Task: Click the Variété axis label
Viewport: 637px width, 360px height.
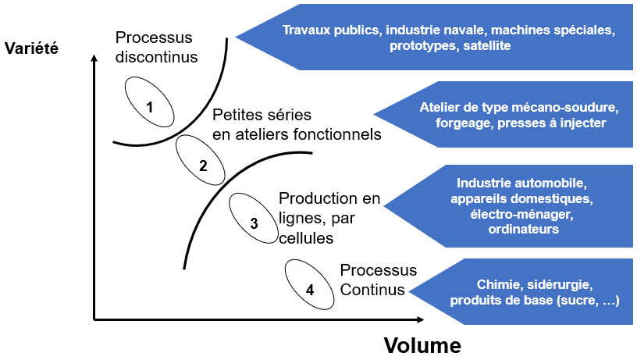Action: tap(31, 48)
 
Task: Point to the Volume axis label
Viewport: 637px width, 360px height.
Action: tap(422, 344)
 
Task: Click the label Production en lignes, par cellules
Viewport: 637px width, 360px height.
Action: tap(328, 217)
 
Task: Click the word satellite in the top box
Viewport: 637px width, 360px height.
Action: tap(486, 46)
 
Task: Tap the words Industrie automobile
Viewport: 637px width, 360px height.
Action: tap(521, 184)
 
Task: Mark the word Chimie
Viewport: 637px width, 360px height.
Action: tap(496, 283)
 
